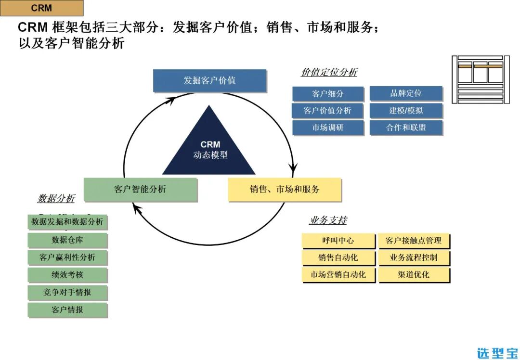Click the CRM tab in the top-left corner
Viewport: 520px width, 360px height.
[41, 8]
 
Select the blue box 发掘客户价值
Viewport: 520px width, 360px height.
[209, 80]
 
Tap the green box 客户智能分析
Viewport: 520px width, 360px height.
[140, 190]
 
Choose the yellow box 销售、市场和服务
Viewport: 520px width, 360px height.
[285, 190]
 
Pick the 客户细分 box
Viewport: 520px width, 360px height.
[328, 94]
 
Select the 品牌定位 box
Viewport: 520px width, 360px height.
[406, 93]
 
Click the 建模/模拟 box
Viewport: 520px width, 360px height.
[406, 111]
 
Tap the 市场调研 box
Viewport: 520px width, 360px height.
[328, 128]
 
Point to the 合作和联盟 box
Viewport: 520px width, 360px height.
[406, 128]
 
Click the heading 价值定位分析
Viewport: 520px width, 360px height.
[329, 73]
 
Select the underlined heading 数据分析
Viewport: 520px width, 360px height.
[56, 198]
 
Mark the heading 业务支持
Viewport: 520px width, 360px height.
[328, 220]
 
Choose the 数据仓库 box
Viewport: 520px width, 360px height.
[67, 240]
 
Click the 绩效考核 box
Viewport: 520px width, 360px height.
[67, 275]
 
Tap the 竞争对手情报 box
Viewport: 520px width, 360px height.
[67, 293]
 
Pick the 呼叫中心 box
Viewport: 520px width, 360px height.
[338, 241]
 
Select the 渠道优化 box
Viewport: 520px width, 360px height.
[414, 275]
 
